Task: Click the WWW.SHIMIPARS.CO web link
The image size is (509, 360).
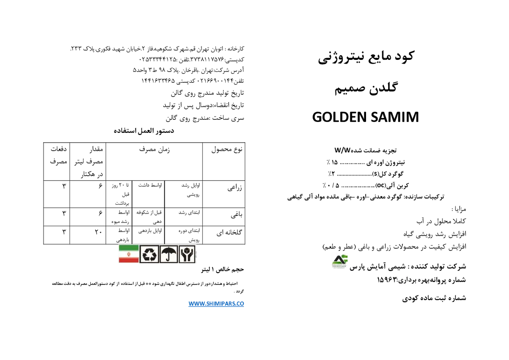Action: tap(216, 304)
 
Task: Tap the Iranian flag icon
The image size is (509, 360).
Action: tap(129, 254)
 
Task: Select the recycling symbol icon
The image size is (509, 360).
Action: tap(149, 254)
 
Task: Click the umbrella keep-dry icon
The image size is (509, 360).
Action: tap(169, 254)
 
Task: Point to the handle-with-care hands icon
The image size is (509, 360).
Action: tap(187, 254)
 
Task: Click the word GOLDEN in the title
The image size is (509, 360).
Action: tap(340, 117)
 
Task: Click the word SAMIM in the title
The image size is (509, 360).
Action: tap(395, 117)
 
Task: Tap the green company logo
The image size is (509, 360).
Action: tap(340, 262)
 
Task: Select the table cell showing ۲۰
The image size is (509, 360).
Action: tap(98, 232)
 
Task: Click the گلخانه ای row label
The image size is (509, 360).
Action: tap(229, 232)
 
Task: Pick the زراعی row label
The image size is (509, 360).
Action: tap(235, 188)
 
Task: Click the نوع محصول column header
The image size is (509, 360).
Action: tap(227, 149)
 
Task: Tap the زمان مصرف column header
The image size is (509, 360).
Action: tap(154, 149)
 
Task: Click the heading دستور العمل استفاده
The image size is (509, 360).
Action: tap(144, 131)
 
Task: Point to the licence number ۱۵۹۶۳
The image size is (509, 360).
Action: tap(387, 280)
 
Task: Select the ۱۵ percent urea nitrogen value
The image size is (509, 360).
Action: tap(335, 162)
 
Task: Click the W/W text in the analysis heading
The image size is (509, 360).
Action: tap(342, 150)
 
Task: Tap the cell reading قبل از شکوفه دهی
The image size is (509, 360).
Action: tap(149, 217)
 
